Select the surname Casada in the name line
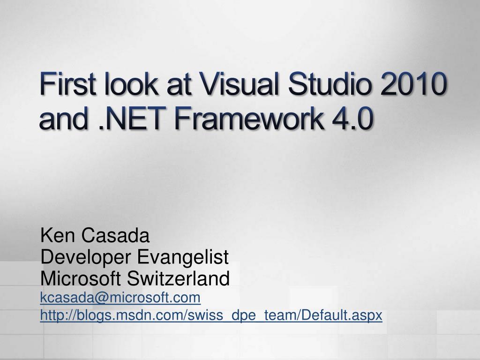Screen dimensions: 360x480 [x=115, y=235]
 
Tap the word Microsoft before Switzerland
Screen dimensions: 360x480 [x=81, y=279]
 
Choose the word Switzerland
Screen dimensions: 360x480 [x=179, y=279]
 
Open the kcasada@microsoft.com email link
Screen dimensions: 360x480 [x=120, y=297]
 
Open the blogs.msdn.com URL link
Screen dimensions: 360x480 [x=211, y=316]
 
